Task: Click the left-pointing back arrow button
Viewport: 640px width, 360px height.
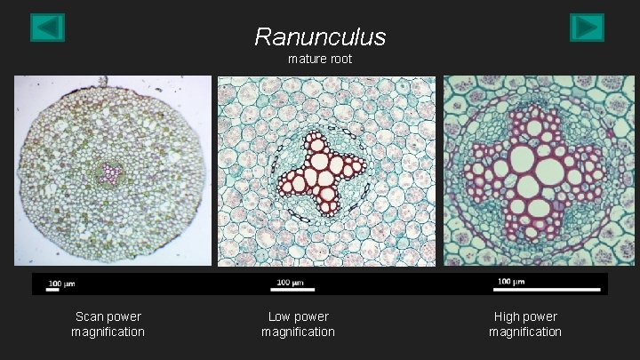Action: [x=47, y=28]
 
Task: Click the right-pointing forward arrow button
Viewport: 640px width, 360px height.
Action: [x=587, y=28]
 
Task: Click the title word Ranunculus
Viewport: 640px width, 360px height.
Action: [x=320, y=36]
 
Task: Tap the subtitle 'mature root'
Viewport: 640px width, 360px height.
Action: [x=320, y=59]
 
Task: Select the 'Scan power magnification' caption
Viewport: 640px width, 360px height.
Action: [x=108, y=324]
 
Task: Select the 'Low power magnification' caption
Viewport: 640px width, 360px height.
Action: [x=298, y=324]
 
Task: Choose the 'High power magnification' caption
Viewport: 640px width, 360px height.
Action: [x=525, y=324]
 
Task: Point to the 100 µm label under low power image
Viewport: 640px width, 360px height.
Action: [x=290, y=283]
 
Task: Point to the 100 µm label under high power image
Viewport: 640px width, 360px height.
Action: [x=509, y=282]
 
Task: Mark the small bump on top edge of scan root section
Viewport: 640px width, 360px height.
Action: [x=105, y=80]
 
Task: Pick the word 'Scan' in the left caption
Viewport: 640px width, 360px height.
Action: [x=90, y=316]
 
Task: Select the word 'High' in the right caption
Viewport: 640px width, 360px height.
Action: [x=508, y=316]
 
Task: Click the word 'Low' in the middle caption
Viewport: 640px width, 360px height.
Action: [x=280, y=316]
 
